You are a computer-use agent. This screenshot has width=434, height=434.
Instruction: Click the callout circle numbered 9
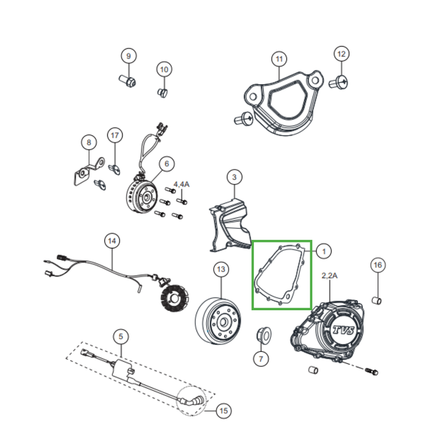pyautogui.click(x=129, y=56)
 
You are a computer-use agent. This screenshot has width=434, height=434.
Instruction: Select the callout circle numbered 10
pyautogui.click(x=164, y=69)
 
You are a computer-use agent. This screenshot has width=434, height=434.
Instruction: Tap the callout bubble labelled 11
pyautogui.click(x=279, y=58)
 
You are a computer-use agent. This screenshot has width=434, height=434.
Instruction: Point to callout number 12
pyautogui.click(x=341, y=54)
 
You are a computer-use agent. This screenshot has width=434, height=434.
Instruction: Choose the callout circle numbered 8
pyautogui.click(x=88, y=142)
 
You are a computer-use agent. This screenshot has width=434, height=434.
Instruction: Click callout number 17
pyautogui.click(x=114, y=135)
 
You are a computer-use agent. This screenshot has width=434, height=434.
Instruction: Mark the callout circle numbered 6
pyautogui.click(x=167, y=163)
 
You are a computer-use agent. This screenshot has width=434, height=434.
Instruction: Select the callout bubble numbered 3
pyautogui.click(x=234, y=177)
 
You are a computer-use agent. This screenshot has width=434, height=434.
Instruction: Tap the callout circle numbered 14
pyautogui.click(x=112, y=240)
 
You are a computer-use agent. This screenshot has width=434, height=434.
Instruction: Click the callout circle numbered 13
pyautogui.click(x=220, y=269)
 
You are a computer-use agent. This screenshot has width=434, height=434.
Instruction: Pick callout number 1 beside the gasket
pyautogui.click(x=323, y=251)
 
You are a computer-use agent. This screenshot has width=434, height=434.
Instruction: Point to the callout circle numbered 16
pyautogui.click(x=378, y=265)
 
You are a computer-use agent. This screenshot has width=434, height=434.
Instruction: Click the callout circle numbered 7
pyautogui.click(x=261, y=359)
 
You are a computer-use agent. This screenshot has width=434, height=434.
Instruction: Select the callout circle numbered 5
pyautogui.click(x=121, y=337)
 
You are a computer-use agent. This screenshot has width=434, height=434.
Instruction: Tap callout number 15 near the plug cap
pyautogui.click(x=223, y=411)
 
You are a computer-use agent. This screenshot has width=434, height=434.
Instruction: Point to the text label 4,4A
pyautogui.click(x=181, y=185)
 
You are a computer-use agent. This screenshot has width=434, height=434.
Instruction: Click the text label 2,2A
pyautogui.click(x=330, y=276)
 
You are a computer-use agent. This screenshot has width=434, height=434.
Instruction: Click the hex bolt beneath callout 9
pyautogui.click(x=127, y=82)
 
